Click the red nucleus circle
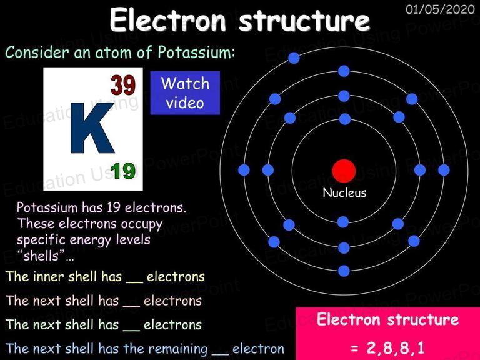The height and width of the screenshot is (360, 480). click(344, 171)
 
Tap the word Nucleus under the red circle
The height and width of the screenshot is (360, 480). click(344, 193)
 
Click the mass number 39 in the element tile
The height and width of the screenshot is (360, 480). click(122, 86)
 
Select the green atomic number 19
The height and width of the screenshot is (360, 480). click(122, 171)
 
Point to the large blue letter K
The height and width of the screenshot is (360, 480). click(92, 128)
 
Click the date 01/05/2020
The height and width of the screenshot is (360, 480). click(440, 9)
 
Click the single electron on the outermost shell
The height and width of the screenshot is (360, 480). click(294, 58)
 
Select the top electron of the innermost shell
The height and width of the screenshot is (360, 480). click(345, 119)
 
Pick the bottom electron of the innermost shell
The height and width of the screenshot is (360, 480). click(343, 222)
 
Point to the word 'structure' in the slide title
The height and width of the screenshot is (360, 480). click(304, 21)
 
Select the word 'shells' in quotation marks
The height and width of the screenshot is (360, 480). click(41, 256)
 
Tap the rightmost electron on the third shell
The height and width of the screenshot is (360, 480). click(444, 170)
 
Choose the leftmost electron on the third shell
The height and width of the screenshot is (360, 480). click(244, 170)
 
